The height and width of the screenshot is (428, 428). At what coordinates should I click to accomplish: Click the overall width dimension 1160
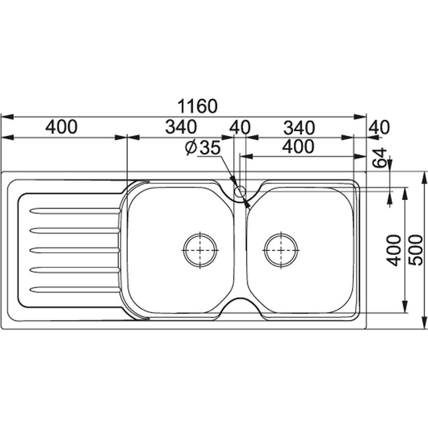pos(198,106)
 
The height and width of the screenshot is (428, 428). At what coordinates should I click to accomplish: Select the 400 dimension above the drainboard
pos(61,127)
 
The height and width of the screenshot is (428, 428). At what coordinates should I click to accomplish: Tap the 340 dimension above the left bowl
pos(181,127)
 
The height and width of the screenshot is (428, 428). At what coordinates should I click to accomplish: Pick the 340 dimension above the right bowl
pos(300,128)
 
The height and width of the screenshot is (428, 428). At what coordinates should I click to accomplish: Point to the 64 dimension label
pos(380,158)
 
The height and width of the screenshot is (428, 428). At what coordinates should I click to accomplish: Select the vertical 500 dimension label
pos(416,250)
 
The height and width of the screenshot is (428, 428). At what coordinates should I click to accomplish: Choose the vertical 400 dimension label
pos(394,250)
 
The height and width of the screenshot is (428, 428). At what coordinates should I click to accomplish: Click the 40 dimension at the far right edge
pos(379,127)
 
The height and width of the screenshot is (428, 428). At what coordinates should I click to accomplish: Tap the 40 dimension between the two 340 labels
pos(240,127)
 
